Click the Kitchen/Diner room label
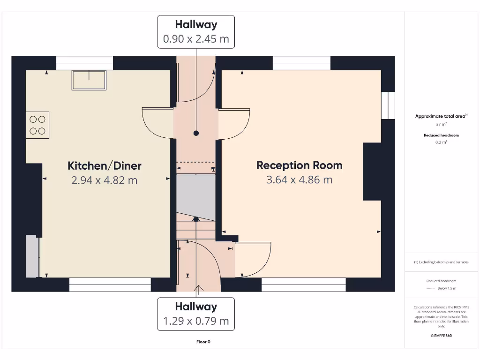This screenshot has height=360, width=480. pos(105,165)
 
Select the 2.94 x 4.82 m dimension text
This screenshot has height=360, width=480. pos(105,180)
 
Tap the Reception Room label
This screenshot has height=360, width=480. pos(299,165)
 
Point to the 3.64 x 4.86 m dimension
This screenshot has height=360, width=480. pos(299,180)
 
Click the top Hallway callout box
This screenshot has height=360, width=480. pos(196,31)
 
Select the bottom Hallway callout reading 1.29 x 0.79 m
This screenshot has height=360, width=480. pos(196,314)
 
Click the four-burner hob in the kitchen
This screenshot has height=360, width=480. pos(37,125)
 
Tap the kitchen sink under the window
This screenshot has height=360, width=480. pos(89,80)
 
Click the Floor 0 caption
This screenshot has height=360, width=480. pos(203,342)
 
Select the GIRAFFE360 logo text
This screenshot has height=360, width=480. pos(441,336)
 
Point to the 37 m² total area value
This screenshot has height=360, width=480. pos(441,124)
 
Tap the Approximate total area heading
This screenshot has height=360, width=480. pos(441,116)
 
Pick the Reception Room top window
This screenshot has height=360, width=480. pos(301,63)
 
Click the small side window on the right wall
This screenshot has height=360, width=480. pos(388,105)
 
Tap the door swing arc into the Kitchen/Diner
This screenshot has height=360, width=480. pos(157,123)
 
